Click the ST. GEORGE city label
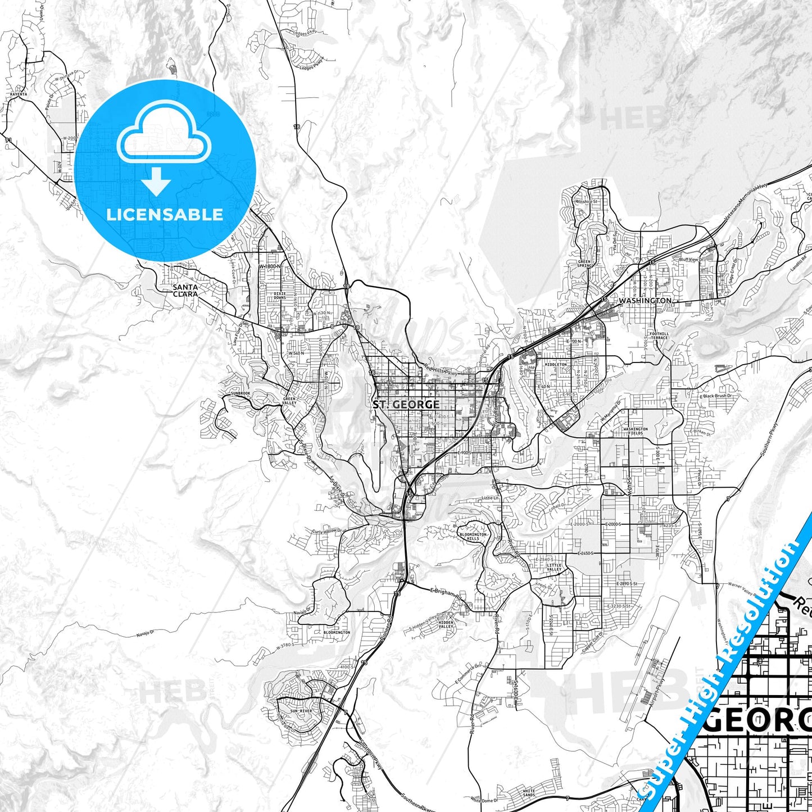coord(406,404)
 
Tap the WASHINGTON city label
coord(645,301)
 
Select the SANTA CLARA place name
coord(185,290)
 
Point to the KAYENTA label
coord(19,94)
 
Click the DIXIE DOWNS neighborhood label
coord(280,296)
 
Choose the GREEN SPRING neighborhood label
coord(584,264)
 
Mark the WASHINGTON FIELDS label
coord(635,431)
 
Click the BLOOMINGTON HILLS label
coord(473,536)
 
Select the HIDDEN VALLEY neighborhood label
coord(446,624)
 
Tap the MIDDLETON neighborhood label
coord(555,364)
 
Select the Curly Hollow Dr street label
coord(326,531)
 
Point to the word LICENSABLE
coord(165,214)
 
